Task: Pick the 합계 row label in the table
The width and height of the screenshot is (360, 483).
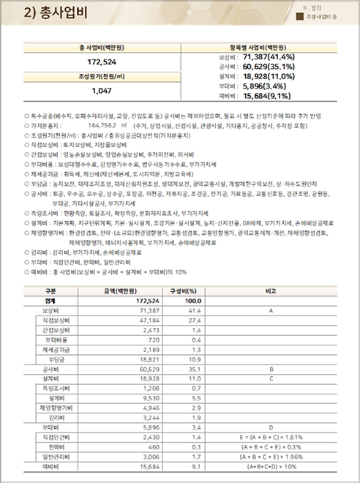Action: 50,301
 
